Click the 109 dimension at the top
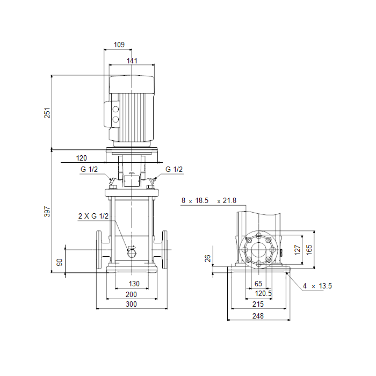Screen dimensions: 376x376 coord(119,45)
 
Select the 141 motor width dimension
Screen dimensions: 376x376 coord(132,61)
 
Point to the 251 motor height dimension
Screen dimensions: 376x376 coord(47,113)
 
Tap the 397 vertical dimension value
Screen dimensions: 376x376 coord(47,212)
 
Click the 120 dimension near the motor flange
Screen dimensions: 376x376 coord(81,158)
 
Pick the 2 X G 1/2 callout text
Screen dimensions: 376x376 coord(93,216)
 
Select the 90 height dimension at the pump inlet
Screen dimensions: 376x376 coord(59,262)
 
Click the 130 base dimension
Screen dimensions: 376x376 coord(134,284)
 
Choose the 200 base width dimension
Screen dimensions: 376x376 coord(131,294)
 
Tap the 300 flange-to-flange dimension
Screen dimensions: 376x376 coord(131,304)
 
